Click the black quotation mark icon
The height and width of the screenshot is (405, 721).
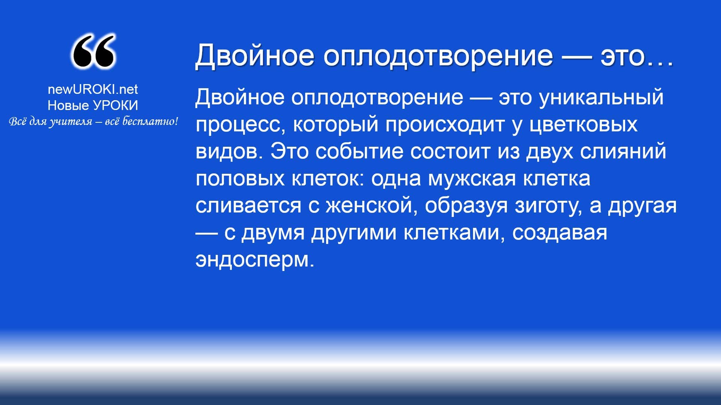pyautogui.click(x=93, y=51)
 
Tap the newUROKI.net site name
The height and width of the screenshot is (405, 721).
pyautogui.click(x=93, y=89)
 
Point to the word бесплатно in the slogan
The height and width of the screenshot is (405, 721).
pyautogui.click(x=150, y=122)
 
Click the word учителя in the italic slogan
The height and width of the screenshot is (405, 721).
pyautogui.click(x=71, y=122)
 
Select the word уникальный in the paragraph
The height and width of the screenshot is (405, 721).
pyautogui.click(x=602, y=97)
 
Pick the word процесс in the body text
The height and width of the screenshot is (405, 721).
pyautogui.click(x=240, y=125)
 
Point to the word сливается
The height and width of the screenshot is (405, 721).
pyautogui.click(x=248, y=206)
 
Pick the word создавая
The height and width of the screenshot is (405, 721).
pyautogui.click(x=560, y=233)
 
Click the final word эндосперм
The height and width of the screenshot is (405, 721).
pyautogui.click(x=254, y=260)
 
